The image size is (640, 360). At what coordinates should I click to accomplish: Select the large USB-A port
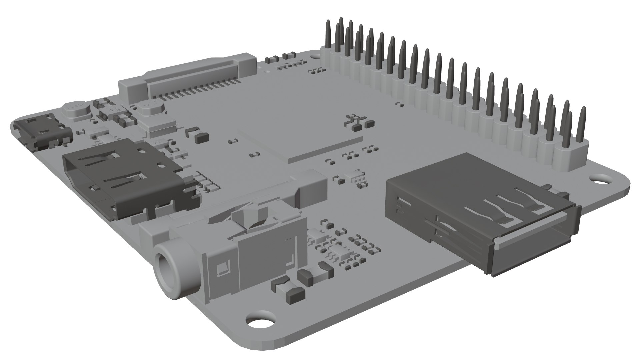coord(480,213)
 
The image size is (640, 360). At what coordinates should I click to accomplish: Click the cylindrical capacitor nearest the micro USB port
coord(76,110)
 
